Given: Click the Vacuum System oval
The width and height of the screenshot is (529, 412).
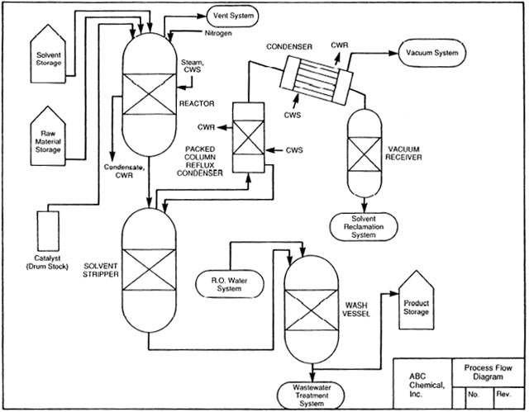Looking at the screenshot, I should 431,53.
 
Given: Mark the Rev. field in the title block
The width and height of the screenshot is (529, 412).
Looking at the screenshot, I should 505,395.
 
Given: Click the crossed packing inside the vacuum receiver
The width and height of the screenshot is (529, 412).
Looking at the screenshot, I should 365,153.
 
